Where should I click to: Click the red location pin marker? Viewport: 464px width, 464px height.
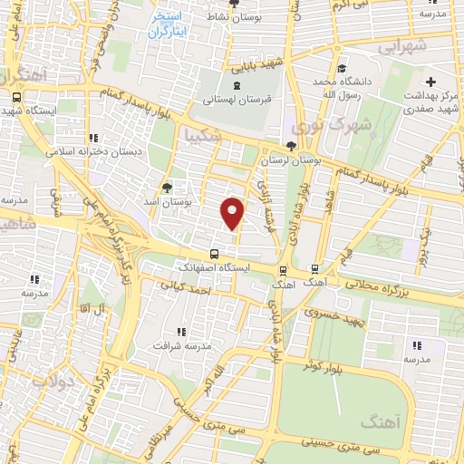click(x=234, y=213)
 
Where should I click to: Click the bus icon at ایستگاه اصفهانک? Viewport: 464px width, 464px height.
click(x=214, y=255)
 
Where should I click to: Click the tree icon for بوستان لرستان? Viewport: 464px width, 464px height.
click(x=290, y=146)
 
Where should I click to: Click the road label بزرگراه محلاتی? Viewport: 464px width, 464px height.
click(x=411, y=286)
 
